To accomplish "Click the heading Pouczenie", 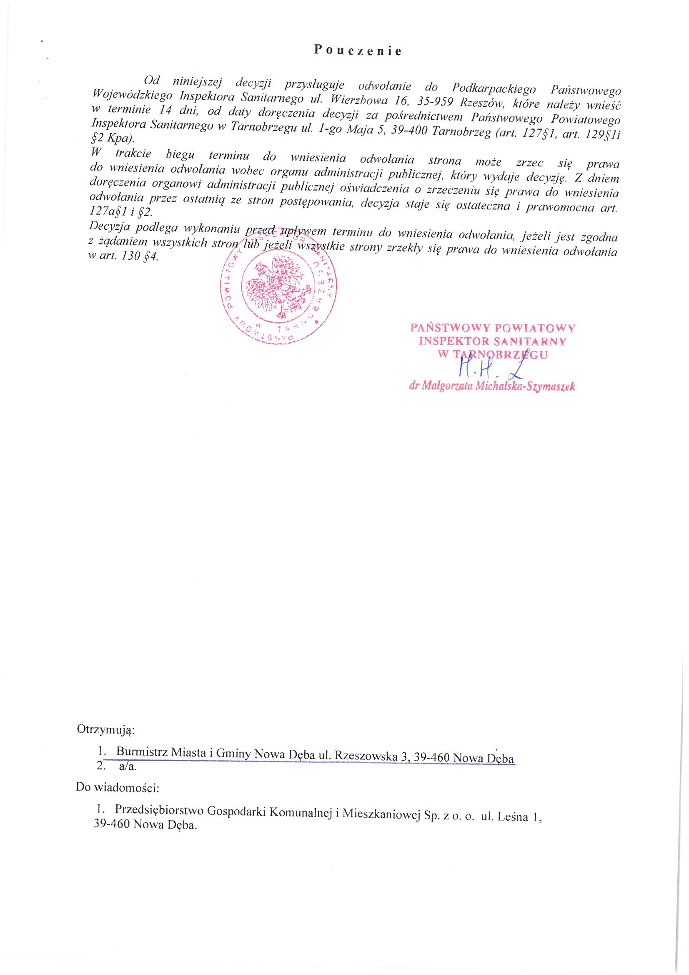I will click(358, 51).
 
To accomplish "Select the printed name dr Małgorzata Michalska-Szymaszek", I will click(491, 386).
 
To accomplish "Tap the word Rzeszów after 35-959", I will click(482, 103).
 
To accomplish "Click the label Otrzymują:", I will click(106, 729).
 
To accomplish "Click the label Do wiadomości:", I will click(117, 787).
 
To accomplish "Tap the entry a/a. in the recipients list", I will click(128, 766).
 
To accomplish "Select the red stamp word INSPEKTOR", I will click(453, 341).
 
